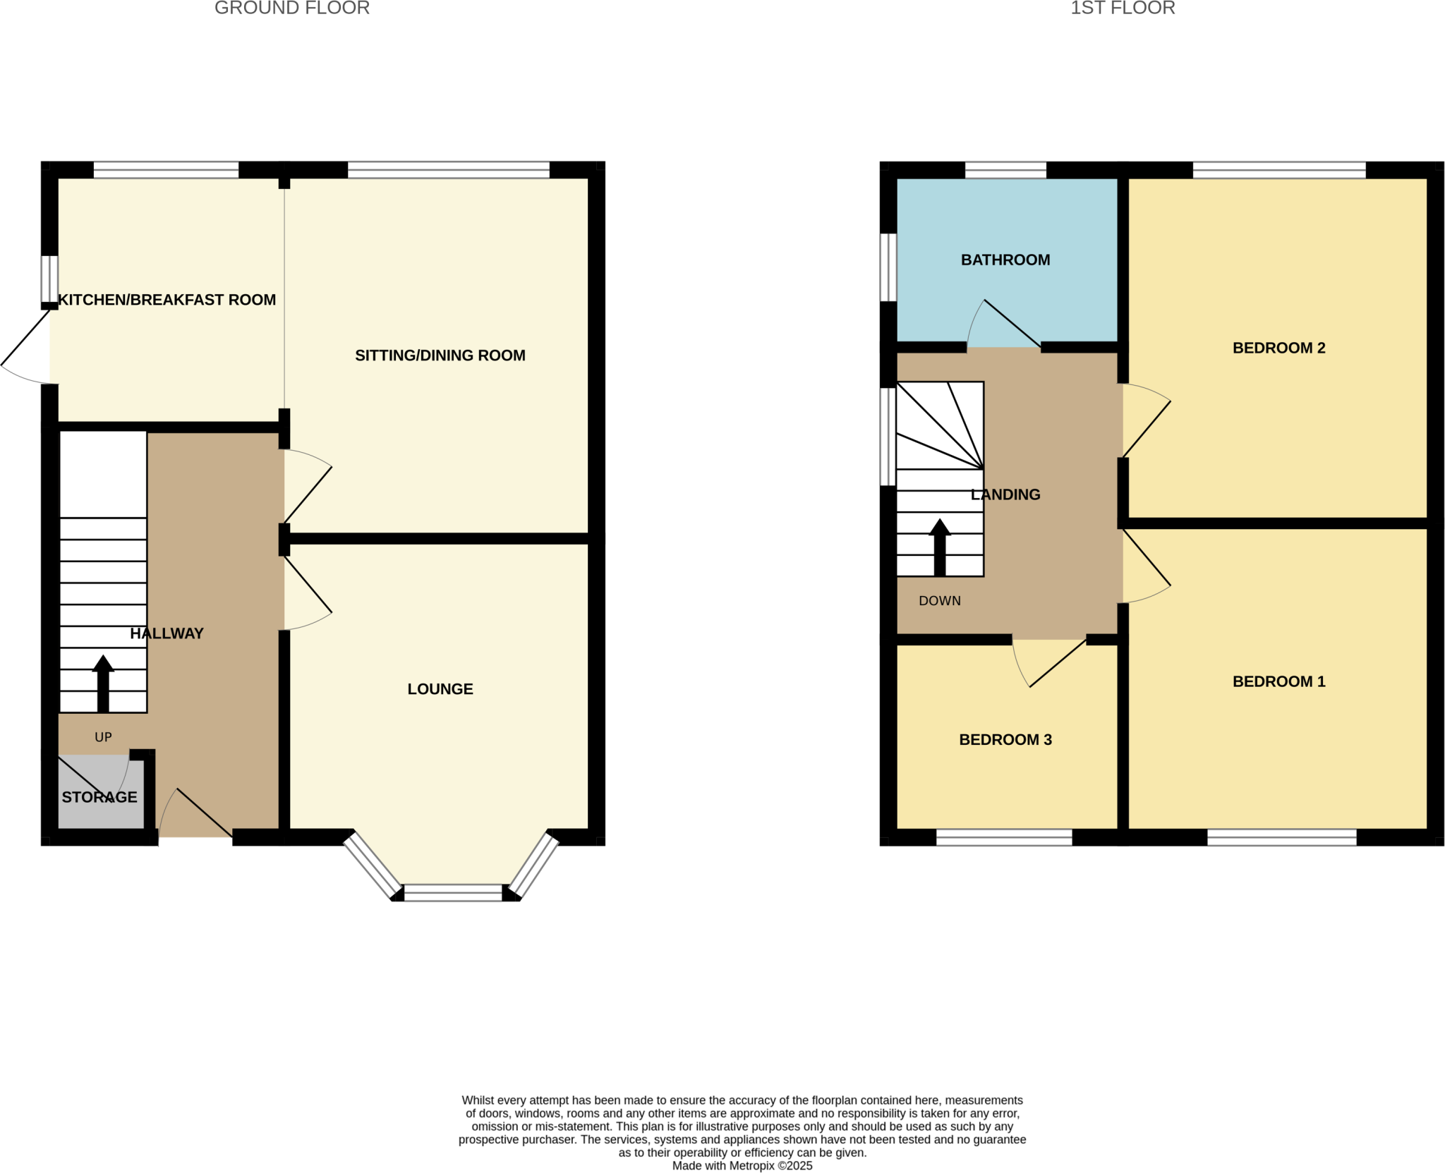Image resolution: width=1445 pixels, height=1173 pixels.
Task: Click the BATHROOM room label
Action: [1005, 260]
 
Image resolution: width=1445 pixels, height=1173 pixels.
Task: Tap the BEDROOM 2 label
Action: [1278, 348]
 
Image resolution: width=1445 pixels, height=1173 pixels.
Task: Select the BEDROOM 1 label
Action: [1278, 681]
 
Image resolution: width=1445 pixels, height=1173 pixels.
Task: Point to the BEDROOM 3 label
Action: [1005, 740]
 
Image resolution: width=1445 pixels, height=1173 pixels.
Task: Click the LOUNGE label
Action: [440, 689]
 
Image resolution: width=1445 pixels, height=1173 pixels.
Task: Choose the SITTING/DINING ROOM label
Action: [440, 355]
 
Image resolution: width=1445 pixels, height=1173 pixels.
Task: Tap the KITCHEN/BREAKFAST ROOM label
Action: [167, 300]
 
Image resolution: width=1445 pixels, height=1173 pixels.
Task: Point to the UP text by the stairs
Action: [103, 737]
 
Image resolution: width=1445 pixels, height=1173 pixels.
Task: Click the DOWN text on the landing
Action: [939, 601]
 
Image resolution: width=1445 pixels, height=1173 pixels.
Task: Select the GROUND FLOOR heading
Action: [292, 8]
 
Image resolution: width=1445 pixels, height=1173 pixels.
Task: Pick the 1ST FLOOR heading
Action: [1123, 8]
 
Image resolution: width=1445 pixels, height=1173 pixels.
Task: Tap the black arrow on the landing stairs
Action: [939, 547]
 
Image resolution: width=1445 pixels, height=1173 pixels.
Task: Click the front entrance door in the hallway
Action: [196, 815]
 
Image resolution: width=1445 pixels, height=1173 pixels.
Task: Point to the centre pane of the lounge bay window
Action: [453, 893]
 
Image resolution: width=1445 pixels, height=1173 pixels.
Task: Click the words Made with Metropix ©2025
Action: [742, 1166]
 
